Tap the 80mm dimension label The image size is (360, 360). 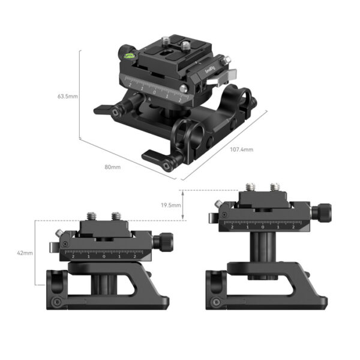pos(112,167)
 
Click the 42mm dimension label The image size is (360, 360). pos(25,253)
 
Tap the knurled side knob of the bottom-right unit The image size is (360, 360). pos(323,212)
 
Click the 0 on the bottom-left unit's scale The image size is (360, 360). pos(104,256)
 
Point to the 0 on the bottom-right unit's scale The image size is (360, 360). pos(262,227)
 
